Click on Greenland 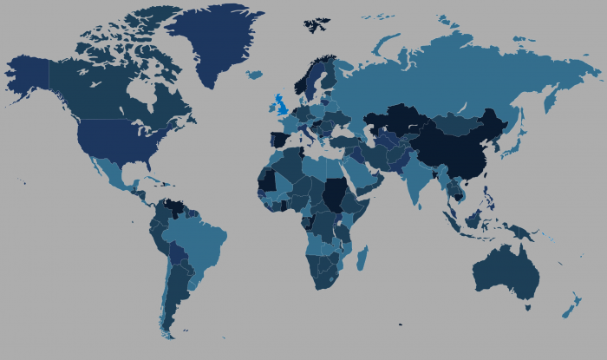[x=212, y=39]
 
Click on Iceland [x=253, y=75]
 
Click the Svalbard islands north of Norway [x=317, y=23]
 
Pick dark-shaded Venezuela [x=177, y=208]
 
